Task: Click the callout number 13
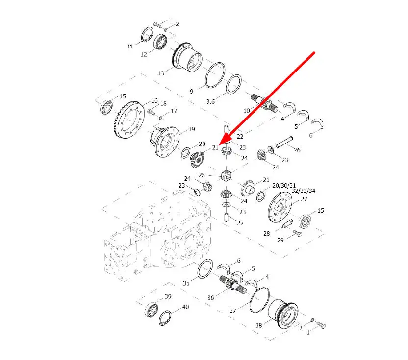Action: click(x=161, y=73)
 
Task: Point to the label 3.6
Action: click(x=210, y=101)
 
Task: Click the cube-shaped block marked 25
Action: click(x=226, y=175)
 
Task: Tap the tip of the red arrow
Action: click(x=220, y=144)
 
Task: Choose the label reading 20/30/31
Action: click(x=284, y=186)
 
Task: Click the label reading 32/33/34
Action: click(x=304, y=191)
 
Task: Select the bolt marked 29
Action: click(x=297, y=233)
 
